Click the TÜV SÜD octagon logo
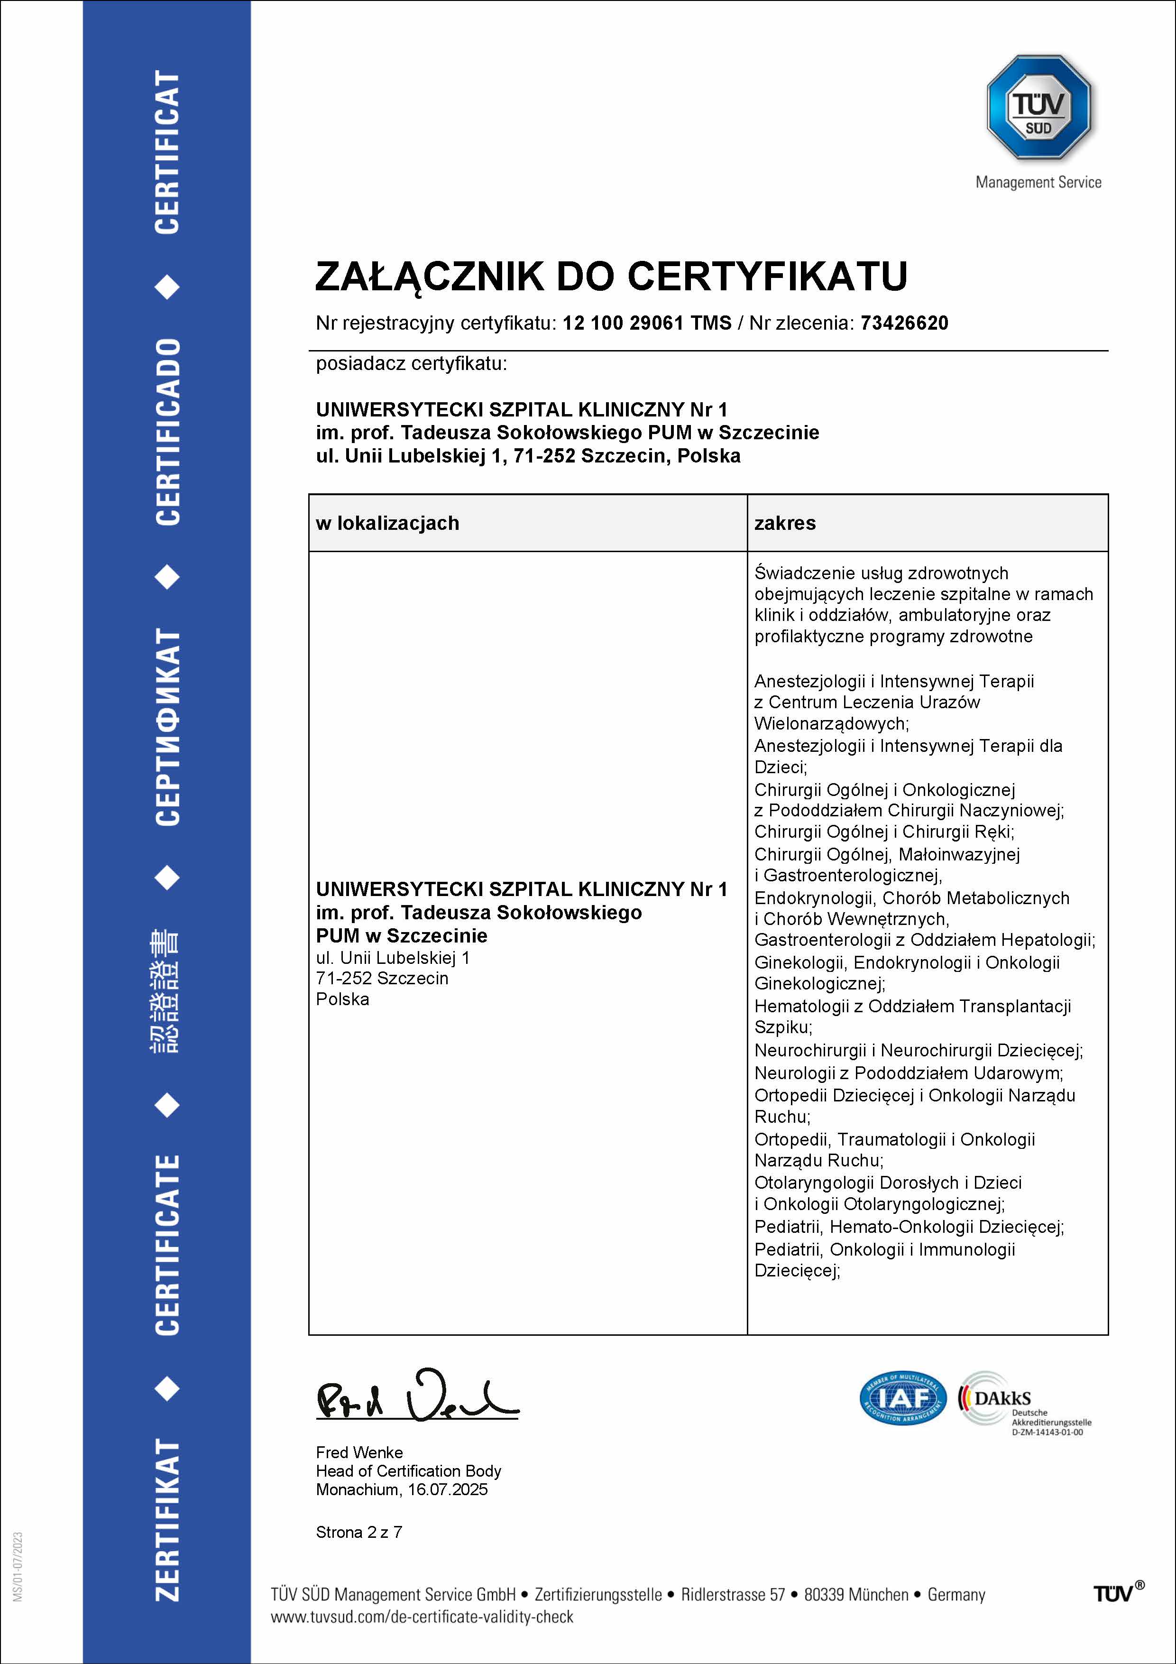point(1038,107)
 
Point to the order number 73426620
point(904,323)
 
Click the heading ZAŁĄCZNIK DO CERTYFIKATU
point(611,276)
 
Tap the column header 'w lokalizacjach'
point(387,523)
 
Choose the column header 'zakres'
point(785,523)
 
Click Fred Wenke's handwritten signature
point(417,1395)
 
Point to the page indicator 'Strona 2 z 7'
point(358,1532)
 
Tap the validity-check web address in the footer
point(422,1617)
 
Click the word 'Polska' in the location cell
point(342,999)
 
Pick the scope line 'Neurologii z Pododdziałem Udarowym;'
point(909,1073)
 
